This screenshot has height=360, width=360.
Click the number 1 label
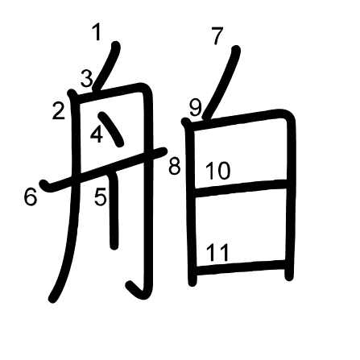pos(97,32)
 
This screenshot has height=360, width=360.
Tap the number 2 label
pos(59,111)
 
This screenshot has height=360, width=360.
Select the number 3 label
pos(87,78)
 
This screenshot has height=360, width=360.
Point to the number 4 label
pos(97,134)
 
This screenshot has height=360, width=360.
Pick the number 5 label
pos(101,197)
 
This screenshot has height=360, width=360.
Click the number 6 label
pos(30,197)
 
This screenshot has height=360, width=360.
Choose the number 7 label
pos(217,36)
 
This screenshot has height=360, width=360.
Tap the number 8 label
pos(175,166)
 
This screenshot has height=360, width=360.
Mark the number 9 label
pos(196,107)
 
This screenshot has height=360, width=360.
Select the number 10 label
pos(217,171)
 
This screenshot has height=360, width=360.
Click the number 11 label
pos(217,252)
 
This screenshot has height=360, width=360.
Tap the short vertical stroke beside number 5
pos(114,211)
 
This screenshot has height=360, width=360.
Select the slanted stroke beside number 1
pos(106,67)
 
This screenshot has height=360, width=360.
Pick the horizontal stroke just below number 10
pos(241,188)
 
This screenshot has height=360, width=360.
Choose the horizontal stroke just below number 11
pos(241,267)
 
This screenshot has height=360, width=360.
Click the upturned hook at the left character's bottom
pos(137,291)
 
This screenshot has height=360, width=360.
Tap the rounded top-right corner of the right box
pos(288,115)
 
